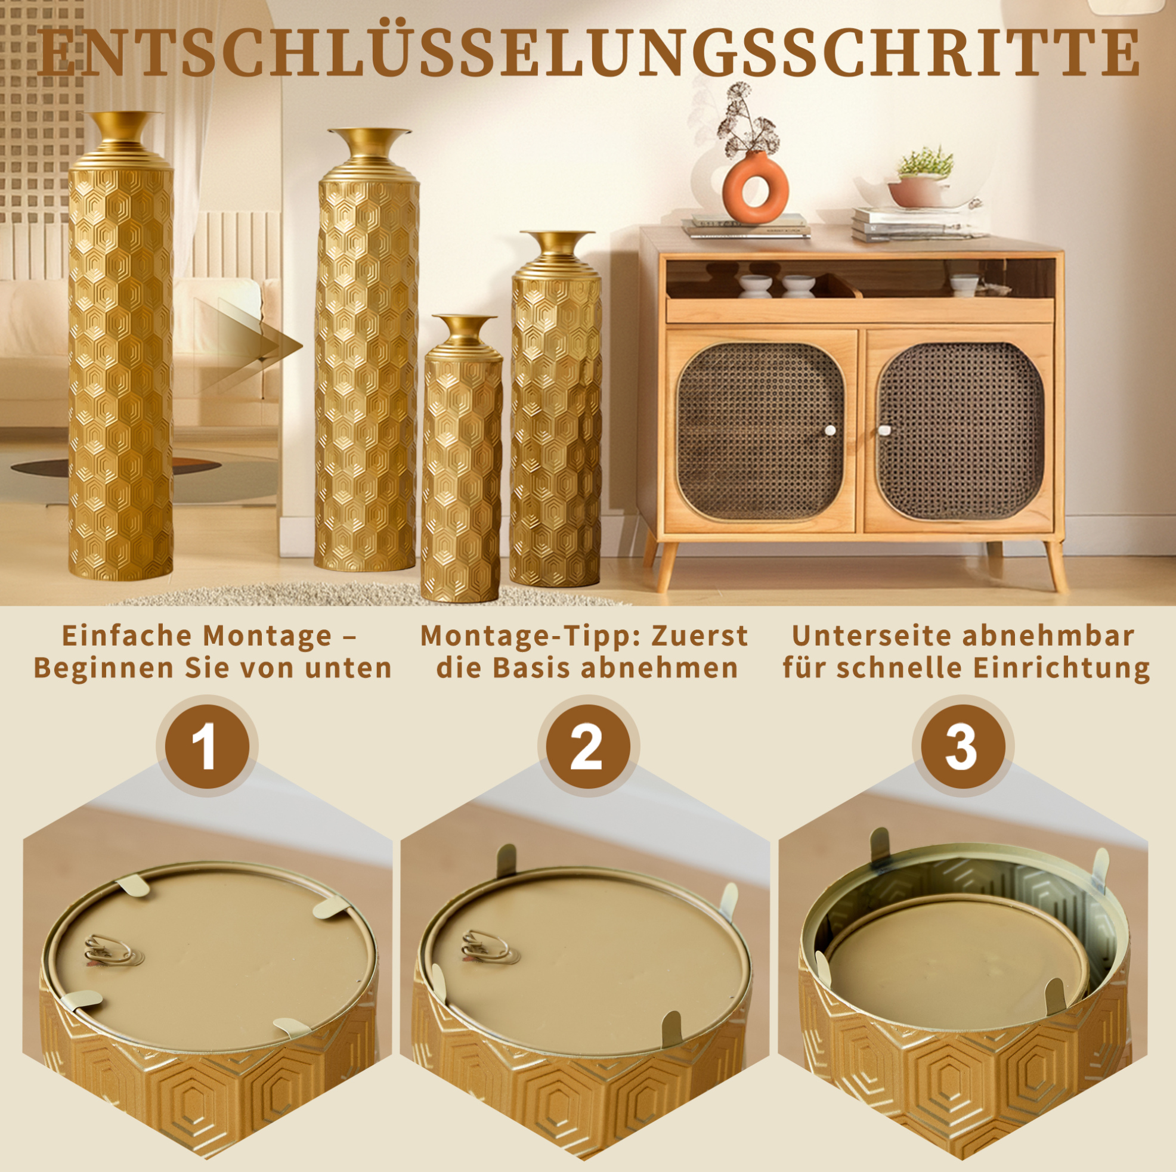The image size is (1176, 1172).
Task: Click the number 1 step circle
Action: tap(207, 746)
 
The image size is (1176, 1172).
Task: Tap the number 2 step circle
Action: tap(588, 746)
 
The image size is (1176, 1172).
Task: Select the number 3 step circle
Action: tap(963, 746)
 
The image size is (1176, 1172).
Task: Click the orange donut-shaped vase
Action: tap(756, 188)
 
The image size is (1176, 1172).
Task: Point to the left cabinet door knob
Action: tap(830, 431)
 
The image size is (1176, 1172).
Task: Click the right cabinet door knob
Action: tap(884, 431)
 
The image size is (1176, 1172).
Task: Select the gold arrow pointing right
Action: tap(248, 345)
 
